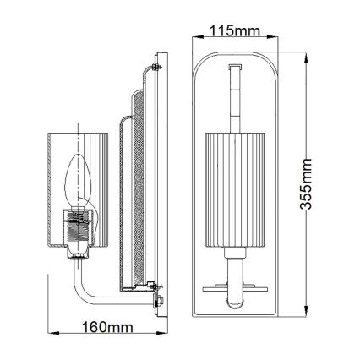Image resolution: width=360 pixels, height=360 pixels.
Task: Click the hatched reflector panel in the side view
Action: tap(134, 194)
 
